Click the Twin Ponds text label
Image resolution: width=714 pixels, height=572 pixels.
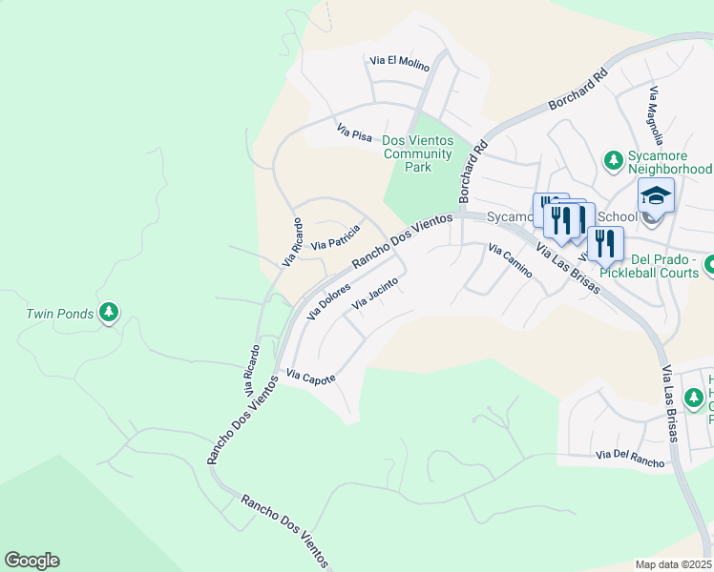(x=59, y=314)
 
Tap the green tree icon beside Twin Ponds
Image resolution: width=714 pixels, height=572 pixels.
(x=109, y=311)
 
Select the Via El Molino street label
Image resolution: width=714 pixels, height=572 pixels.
(x=400, y=63)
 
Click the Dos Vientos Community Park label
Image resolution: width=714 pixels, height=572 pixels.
(x=417, y=153)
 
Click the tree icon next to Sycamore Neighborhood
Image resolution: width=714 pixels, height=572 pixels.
(x=614, y=160)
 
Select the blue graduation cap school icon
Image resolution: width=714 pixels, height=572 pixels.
(x=656, y=195)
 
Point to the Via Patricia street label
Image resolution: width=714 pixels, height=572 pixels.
(x=337, y=236)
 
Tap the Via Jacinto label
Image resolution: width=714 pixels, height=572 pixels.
(x=374, y=293)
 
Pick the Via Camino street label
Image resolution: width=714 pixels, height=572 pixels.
(x=510, y=260)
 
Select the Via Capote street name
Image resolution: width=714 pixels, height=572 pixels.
(x=311, y=378)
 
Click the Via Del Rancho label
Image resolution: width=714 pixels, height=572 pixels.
(x=627, y=461)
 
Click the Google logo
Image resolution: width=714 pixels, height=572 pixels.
(x=31, y=561)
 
